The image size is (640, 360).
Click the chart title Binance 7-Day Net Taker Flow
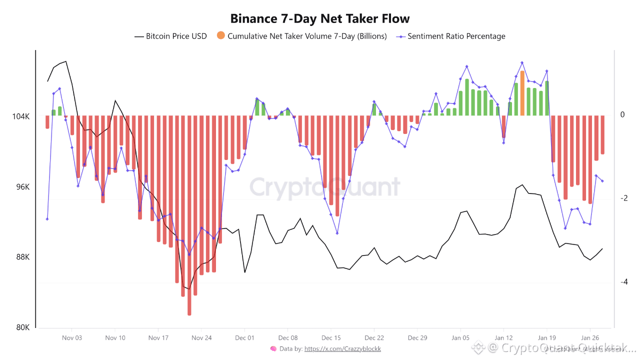point(320,19)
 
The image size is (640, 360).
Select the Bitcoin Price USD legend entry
point(170,36)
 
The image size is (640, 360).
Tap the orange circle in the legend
point(221,35)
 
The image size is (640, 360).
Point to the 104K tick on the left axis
point(20,116)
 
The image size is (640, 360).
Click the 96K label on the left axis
point(22,187)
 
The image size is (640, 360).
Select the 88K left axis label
point(22,257)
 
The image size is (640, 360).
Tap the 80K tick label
point(22,327)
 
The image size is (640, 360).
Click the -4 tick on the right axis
point(622,282)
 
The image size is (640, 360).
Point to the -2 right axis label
point(622,198)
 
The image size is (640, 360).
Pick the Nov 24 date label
point(201,338)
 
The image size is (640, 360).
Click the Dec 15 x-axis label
point(331,338)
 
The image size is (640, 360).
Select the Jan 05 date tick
point(460,338)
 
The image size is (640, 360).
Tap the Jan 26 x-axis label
point(590,338)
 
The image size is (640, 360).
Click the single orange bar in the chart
point(522,93)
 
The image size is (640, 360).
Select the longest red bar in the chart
point(189,215)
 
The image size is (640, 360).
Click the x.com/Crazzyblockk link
point(342,349)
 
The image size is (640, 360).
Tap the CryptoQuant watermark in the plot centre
point(325,187)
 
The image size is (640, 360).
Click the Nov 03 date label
point(72,338)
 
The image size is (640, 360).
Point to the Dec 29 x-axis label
point(417,338)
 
